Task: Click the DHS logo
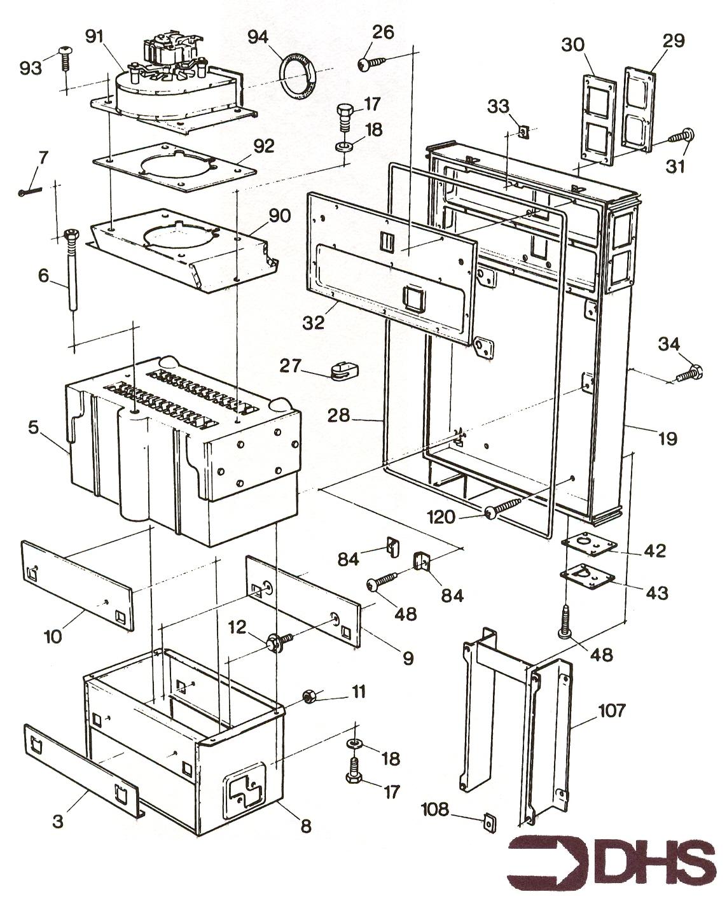tap(612, 854)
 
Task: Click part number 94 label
tap(258, 37)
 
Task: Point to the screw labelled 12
tap(279, 643)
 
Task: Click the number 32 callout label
tap(314, 323)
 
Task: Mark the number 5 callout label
tap(33, 428)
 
